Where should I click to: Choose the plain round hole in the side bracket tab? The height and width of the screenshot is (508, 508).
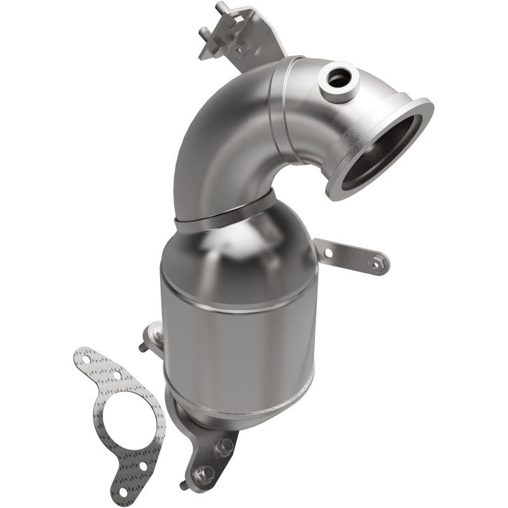[x=328, y=253]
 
